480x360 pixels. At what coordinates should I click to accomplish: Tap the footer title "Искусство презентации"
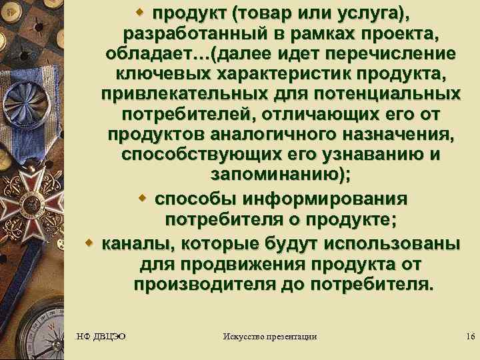click(x=270, y=337)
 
